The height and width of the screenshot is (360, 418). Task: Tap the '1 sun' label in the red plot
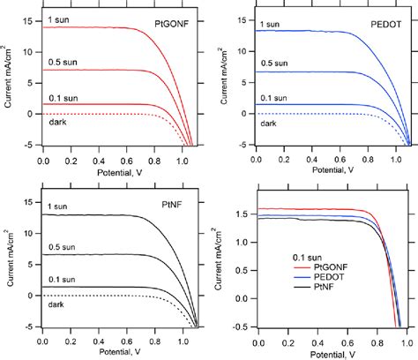(x=58, y=19)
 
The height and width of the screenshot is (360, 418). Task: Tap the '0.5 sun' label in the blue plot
(x=275, y=64)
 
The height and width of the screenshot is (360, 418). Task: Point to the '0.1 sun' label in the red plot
(x=62, y=96)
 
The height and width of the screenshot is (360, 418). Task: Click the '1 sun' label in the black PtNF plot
(x=58, y=207)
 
